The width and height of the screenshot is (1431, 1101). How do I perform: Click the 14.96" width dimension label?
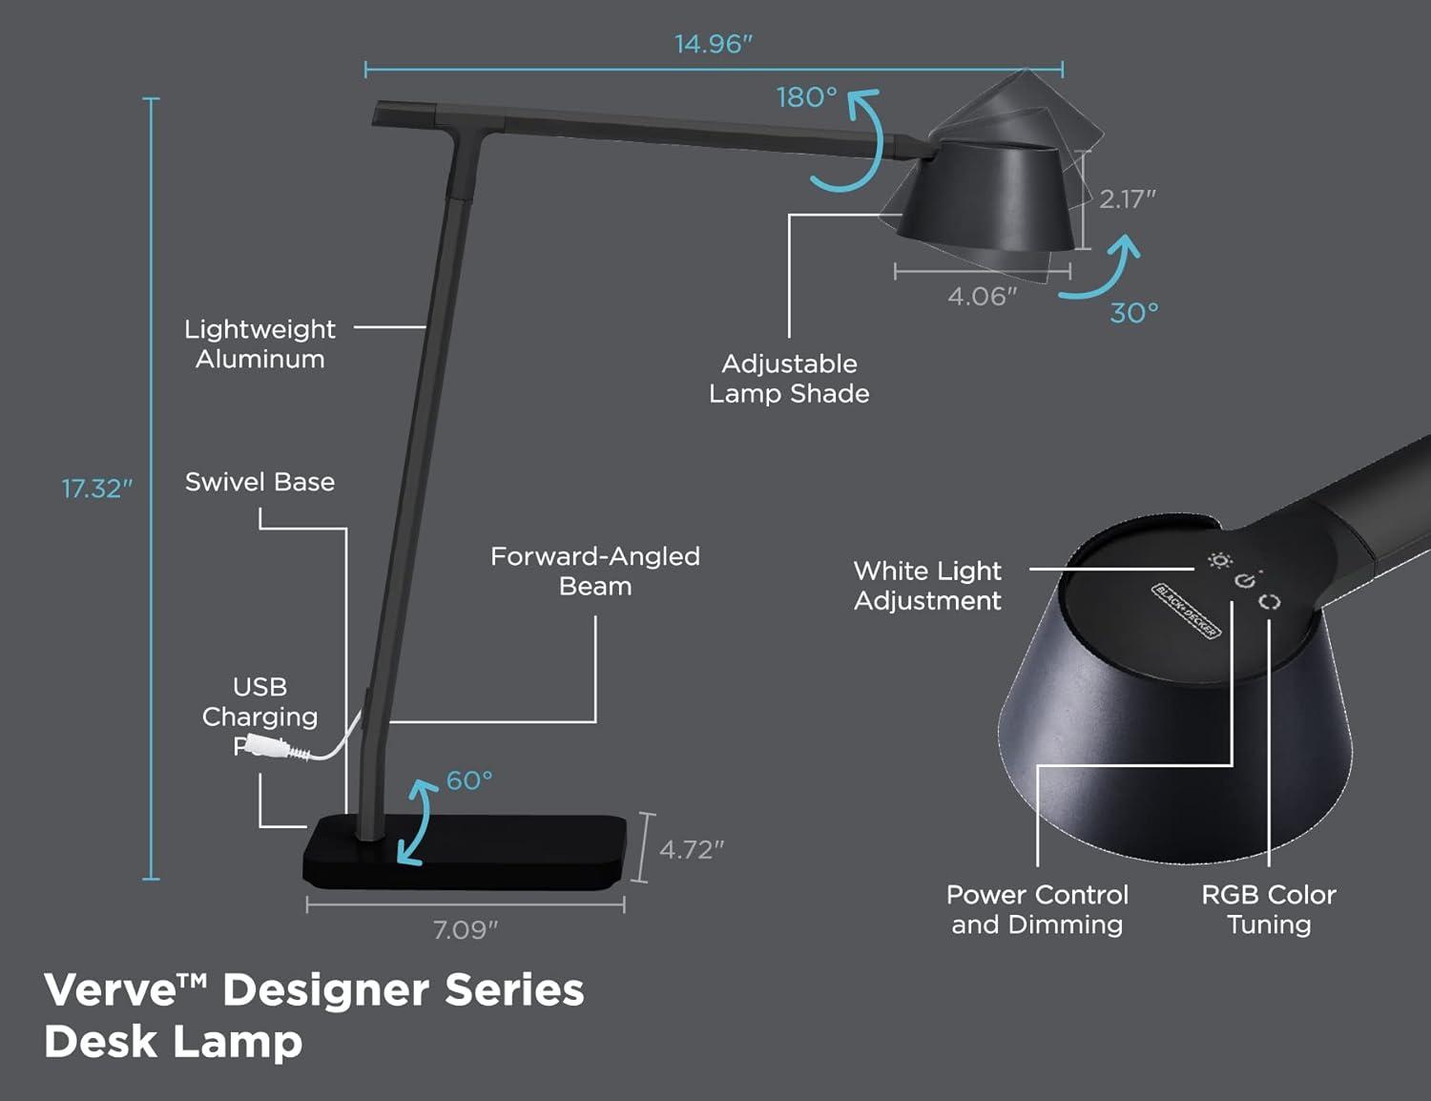713,44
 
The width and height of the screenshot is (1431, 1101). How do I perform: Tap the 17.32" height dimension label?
96,488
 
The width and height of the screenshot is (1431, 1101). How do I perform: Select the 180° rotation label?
806,97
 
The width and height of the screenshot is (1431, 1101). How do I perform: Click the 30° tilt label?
1133,313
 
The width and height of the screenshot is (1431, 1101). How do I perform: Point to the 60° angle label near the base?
469,780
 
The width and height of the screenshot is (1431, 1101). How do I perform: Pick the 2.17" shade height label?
1127,199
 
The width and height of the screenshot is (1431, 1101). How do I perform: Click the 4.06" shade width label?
982,297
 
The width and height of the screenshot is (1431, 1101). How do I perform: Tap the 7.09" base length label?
466,929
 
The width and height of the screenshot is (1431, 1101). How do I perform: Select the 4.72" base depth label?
692,849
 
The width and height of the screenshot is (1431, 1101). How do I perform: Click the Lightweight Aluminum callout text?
259,344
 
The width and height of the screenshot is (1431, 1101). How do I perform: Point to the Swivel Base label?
259,482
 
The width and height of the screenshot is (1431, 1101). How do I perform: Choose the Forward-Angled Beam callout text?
595,571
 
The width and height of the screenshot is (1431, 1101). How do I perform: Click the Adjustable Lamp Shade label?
789,379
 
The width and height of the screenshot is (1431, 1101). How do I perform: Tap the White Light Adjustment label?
927,586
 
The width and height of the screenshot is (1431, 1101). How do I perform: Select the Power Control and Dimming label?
1037,909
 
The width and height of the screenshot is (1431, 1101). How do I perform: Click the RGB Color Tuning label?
1268,909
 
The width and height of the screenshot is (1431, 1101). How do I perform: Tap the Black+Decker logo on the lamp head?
1186,611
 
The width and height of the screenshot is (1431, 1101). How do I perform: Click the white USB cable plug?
268,747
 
